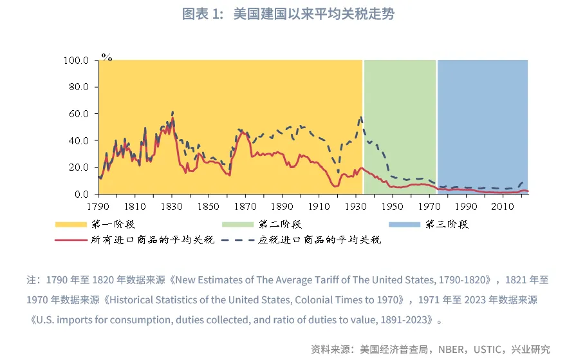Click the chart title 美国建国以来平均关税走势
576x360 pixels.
click(x=288, y=14)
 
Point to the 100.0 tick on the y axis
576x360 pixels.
click(x=76, y=61)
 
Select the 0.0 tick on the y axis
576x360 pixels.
click(x=81, y=194)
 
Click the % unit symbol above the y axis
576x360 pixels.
click(x=106, y=57)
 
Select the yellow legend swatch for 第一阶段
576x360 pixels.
click(x=71, y=224)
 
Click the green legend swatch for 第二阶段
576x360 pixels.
click(x=239, y=224)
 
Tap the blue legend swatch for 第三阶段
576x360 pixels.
click(x=405, y=224)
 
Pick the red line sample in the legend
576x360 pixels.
click(x=71, y=240)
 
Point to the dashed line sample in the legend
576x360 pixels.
click(x=239, y=240)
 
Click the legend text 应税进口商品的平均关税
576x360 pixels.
click(x=320, y=240)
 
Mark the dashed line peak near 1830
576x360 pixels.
click(x=172, y=111)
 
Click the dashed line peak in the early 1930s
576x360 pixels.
click(x=361, y=117)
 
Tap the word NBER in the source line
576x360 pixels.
click(x=451, y=349)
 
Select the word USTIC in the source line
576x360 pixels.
click(x=487, y=349)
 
